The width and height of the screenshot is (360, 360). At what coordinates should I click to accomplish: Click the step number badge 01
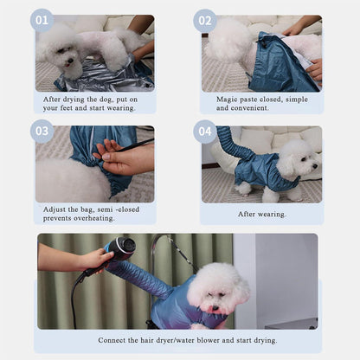pos(42,20)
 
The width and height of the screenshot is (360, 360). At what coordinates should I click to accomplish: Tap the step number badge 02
pos(205,21)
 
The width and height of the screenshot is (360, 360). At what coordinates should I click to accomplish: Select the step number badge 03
pos(42,132)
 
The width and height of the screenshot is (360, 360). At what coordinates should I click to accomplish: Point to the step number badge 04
pos(205,132)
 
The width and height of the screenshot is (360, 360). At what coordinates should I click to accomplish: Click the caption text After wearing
pos(262,215)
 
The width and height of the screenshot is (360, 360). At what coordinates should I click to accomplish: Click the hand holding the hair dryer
pos(97,260)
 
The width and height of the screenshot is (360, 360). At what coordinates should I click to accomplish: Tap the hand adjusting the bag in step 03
pos(123,158)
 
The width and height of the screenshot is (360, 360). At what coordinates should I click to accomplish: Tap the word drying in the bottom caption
pos(265,341)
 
